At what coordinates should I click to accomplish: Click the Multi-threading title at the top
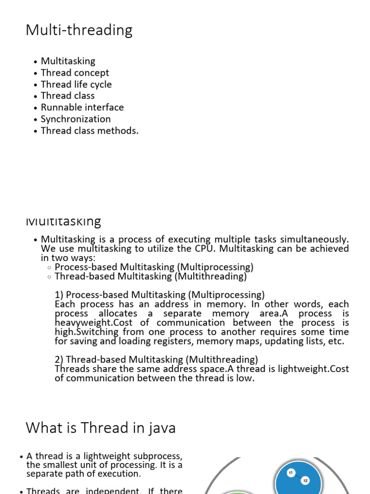[x=79, y=30]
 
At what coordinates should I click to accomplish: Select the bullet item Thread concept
[x=75, y=73]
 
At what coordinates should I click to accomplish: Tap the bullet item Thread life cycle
[x=76, y=84]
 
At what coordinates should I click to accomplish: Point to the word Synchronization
[x=76, y=119]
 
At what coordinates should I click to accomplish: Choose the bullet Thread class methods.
[x=90, y=131]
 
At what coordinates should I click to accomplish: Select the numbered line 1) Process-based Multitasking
[x=160, y=295]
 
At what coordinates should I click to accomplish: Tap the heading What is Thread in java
[x=101, y=427]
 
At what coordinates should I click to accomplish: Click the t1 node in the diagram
[x=291, y=473]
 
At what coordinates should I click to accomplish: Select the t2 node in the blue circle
[x=305, y=480]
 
